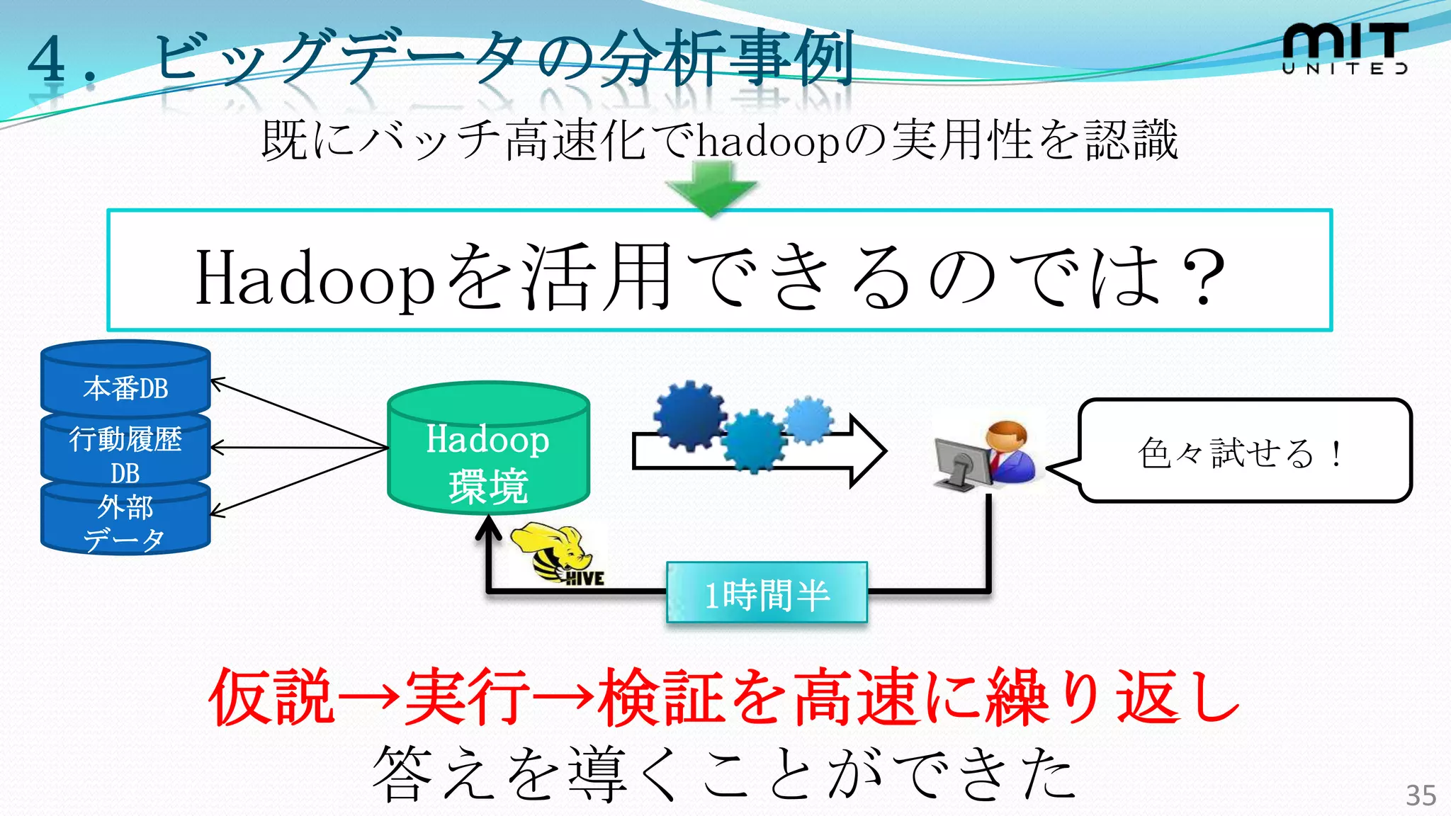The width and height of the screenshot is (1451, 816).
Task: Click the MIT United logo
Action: click(x=1344, y=48)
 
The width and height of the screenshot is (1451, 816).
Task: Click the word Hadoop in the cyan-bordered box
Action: click(x=314, y=278)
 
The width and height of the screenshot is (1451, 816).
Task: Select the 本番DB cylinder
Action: click(x=125, y=382)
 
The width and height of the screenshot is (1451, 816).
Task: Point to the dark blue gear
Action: click(x=688, y=416)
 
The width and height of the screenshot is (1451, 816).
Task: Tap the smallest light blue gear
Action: click(x=808, y=419)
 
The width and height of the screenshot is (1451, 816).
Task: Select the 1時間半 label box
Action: click(x=767, y=594)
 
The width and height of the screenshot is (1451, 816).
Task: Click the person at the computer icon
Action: click(x=986, y=455)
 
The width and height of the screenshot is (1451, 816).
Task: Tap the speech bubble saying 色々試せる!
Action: click(x=1244, y=452)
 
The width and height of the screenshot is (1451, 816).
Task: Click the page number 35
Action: click(x=1421, y=795)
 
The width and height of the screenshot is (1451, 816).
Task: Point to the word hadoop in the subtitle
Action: click(x=768, y=142)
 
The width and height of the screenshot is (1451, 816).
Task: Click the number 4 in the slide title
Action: click(x=47, y=59)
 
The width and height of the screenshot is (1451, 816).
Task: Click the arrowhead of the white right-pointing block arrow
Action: click(x=869, y=451)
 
